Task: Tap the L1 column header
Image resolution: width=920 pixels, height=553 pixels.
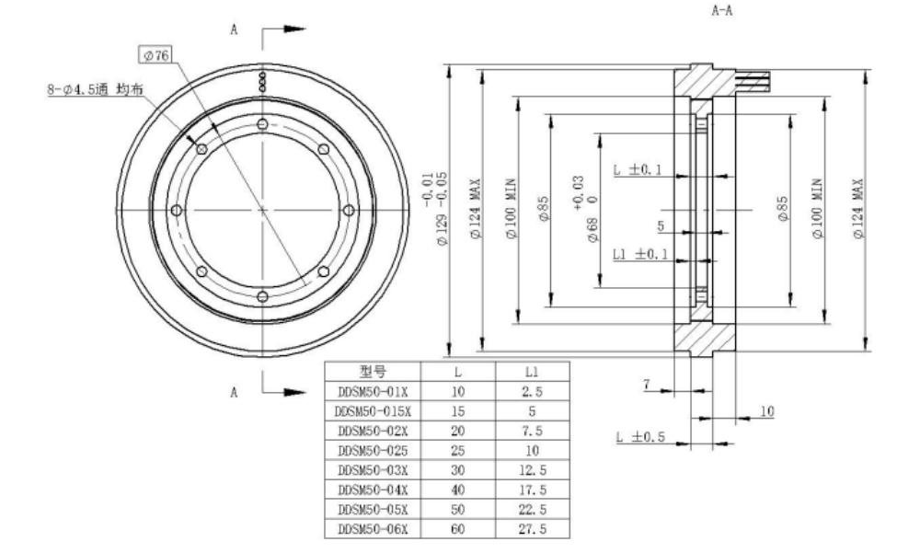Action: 531,373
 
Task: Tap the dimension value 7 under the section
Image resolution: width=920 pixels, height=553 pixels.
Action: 647,387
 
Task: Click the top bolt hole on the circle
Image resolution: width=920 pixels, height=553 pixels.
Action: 263,124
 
